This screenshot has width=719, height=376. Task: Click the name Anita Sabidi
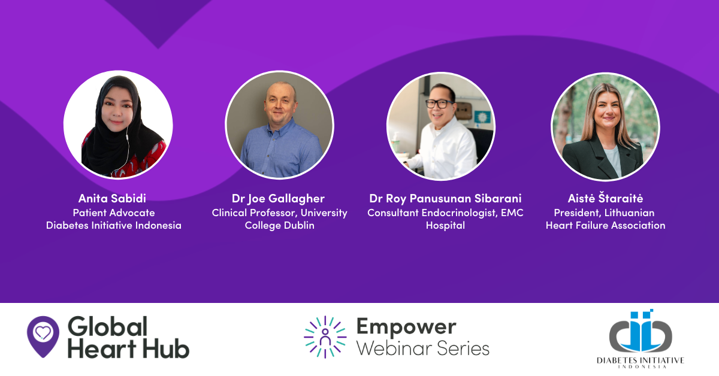(113, 198)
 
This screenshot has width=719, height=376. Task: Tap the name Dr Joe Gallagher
(278, 199)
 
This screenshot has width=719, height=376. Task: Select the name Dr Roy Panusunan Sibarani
(445, 199)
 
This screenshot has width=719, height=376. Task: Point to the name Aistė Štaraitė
(605, 198)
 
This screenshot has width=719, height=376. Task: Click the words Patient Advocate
(114, 213)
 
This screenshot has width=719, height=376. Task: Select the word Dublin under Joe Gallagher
(299, 225)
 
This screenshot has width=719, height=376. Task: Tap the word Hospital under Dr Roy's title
(445, 226)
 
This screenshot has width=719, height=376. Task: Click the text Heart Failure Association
(606, 225)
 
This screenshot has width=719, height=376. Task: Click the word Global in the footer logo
(107, 326)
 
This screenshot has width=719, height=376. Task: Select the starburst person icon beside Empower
(325, 337)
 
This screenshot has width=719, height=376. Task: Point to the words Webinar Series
(423, 349)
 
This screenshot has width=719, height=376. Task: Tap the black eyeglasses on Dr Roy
(440, 104)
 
